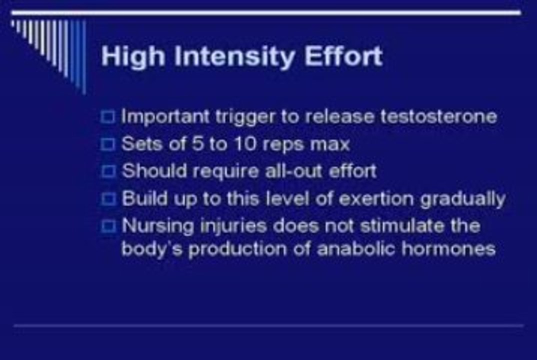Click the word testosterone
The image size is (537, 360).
click(x=438, y=116)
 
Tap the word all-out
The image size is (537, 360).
click(x=294, y=171)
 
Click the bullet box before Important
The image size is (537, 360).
click(x=107, y=117)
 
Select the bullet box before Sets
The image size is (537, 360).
click(x=107, y=144)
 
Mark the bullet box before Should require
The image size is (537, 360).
click(x=107, y=171)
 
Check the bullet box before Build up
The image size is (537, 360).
click(x=107, y=199)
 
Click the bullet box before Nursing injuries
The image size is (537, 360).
click(x=107, y=226)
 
